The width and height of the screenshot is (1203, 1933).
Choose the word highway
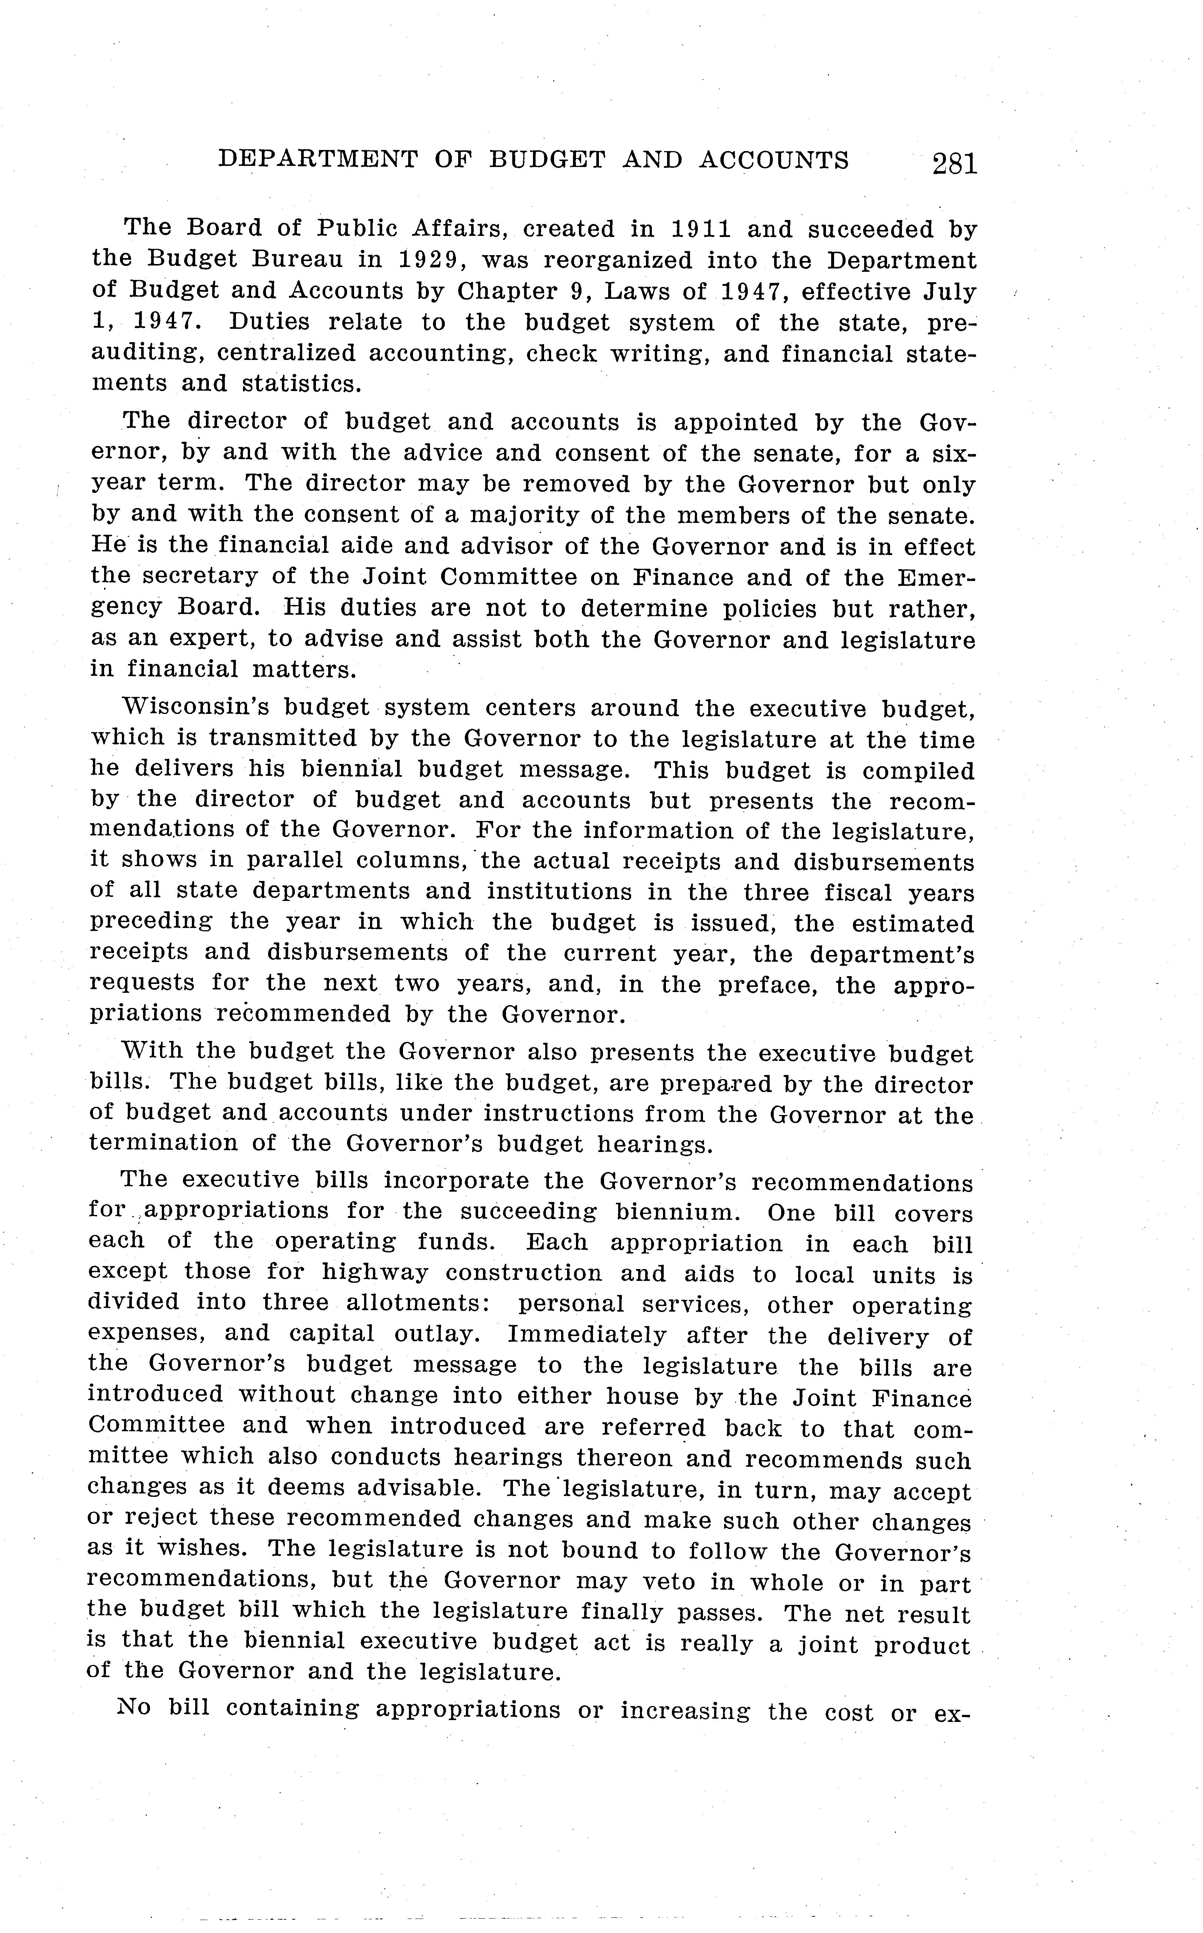click(x=374, y=1273)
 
